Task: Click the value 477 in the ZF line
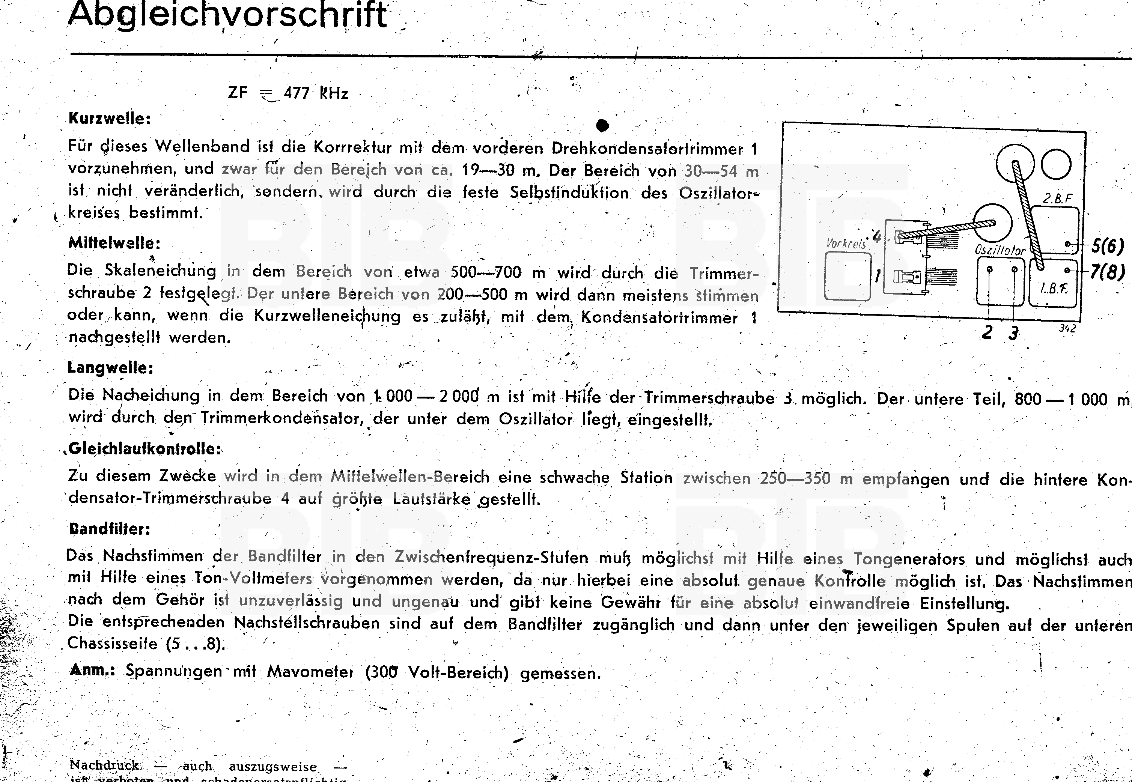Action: (296, 93)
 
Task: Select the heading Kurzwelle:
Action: (109, 119)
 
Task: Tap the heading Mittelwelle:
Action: (114, 243)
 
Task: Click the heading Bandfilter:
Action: (109, 529)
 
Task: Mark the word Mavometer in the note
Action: (310, 671)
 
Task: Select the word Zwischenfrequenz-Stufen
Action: (491, 558)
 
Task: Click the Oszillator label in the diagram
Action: (1000, 250)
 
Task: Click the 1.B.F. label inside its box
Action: (1054, 288)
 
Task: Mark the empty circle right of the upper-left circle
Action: (1057, 165)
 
